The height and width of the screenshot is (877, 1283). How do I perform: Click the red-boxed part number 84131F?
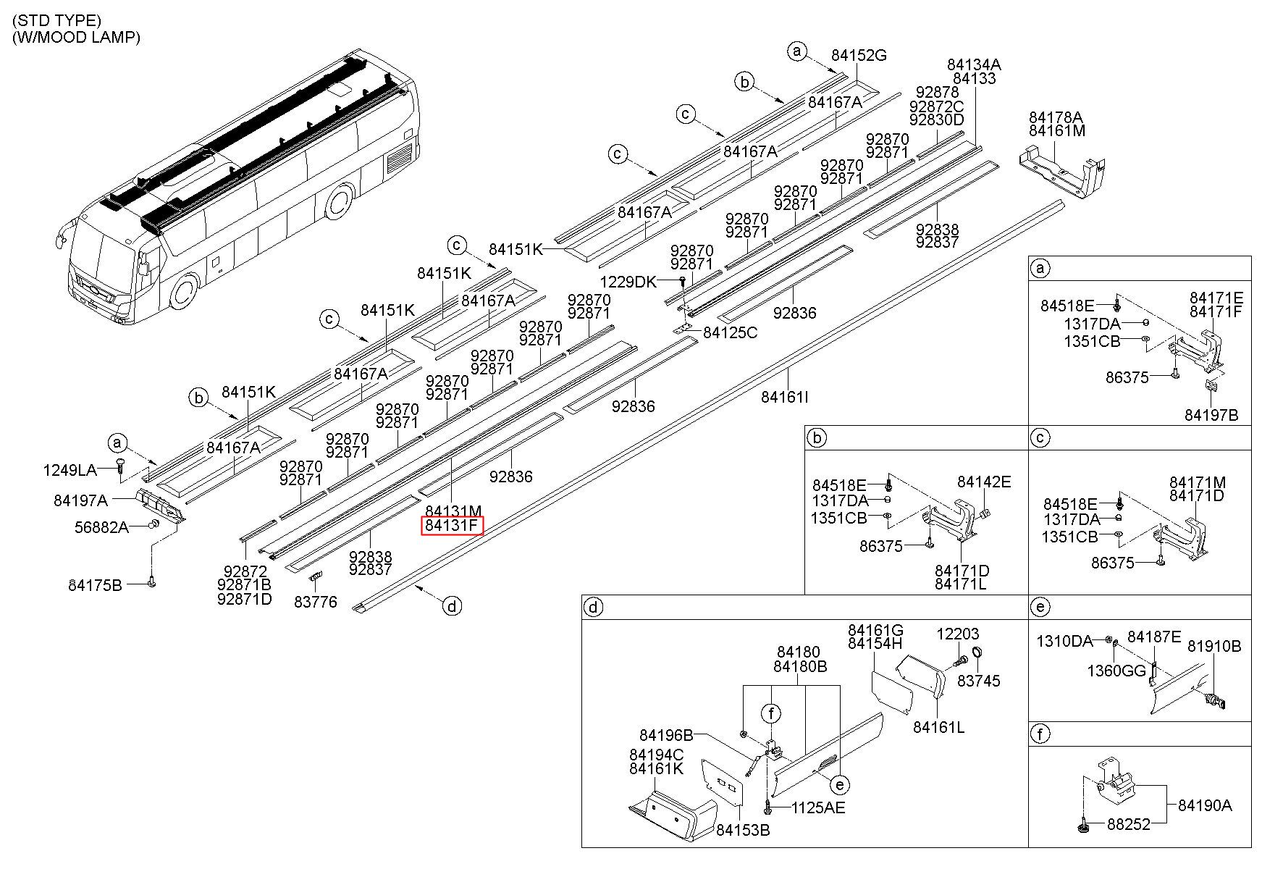(453, 525)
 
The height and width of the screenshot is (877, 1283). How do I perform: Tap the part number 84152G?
(859, 56)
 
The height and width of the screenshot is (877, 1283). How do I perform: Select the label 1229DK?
(628, 282)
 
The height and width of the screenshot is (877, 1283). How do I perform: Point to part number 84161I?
(785, 397)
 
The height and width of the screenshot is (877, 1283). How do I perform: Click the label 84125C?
(730, 332)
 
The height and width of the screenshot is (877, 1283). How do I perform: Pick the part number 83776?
(316, 602)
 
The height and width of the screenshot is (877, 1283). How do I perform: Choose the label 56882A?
(102, 527)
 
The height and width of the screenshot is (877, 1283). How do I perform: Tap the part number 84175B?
(96, 584)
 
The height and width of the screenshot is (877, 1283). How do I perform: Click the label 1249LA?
(70, 471)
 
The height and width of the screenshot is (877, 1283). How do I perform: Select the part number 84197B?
(1211, 415)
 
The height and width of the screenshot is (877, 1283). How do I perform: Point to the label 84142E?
(984, 482)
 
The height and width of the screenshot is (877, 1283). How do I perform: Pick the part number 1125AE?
(818, 807)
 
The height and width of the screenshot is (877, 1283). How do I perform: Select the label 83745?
(979, 681)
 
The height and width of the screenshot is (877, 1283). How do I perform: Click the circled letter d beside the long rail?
(452, 606)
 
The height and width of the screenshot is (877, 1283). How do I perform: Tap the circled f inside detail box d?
(772, 714)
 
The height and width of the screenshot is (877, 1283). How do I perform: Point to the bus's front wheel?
(183, 293)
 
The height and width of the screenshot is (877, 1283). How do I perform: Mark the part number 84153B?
(743, 830)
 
